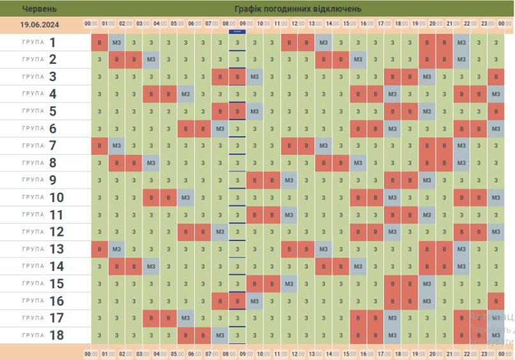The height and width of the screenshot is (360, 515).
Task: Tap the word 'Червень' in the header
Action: [x=40, y=9]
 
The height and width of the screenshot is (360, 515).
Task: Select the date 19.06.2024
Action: [x=40, y=24]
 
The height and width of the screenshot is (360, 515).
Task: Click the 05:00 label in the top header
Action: [x=177, y=24]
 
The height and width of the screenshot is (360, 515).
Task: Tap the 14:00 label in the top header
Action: [x=332, y=24]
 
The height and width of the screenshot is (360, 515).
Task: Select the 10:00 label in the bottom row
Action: [x=263, y=353]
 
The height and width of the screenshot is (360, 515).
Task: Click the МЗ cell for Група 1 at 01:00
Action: [x=117, y=43]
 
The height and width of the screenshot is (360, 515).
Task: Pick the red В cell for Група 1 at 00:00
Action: [x=100, y=43]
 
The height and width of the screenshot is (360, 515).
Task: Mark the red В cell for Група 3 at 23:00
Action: [x=496, y=77]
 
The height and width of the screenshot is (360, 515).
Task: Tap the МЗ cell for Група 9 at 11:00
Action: [x=289, y=180]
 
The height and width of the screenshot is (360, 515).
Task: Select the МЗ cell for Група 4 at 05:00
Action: [x=186, y=94]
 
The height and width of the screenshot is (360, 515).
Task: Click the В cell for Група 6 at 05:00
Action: [x=186, y=129]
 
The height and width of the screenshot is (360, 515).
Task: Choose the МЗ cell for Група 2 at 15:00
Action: [x=358, y=59]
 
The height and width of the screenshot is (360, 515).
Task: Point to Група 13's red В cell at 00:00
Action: [x=100, y=249]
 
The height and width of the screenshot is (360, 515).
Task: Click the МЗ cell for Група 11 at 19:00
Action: [x=427, y=214]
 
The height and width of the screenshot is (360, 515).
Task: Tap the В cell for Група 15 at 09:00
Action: [x=255, y=283]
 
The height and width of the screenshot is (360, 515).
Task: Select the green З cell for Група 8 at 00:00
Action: [x=100, y=162]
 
